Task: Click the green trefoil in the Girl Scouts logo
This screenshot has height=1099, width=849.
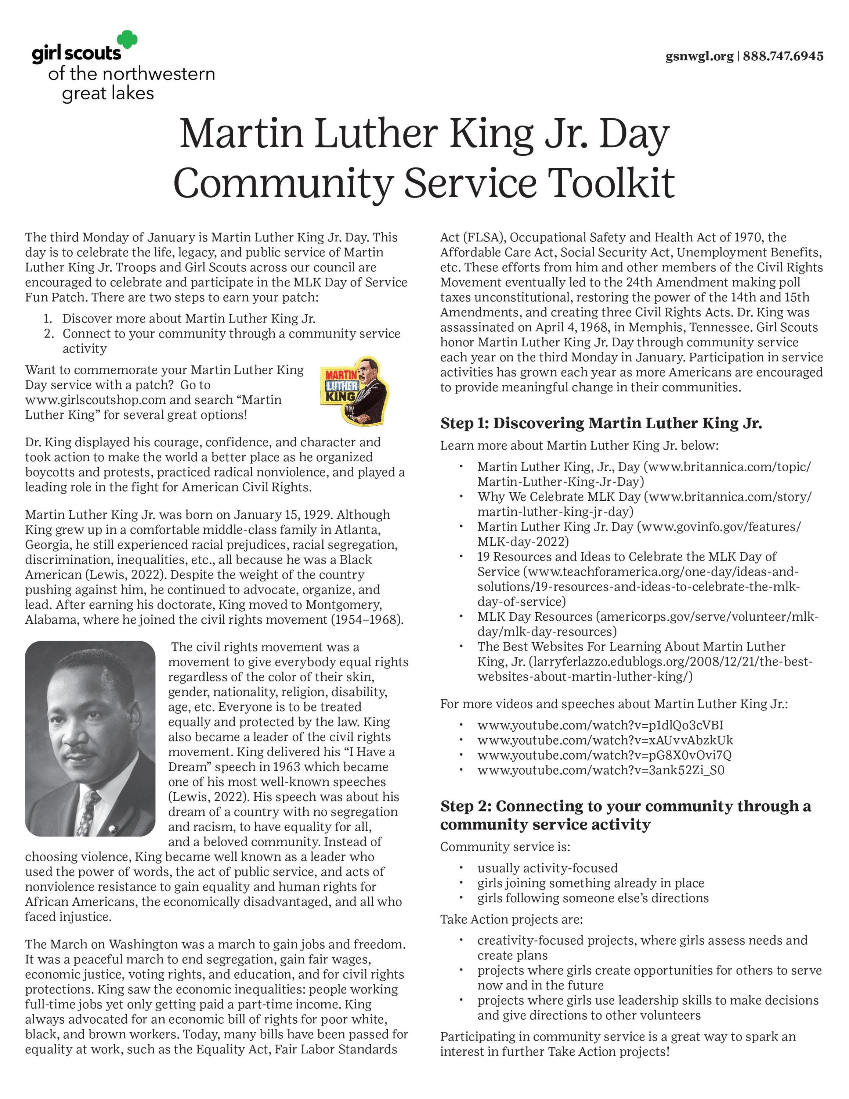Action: coord(127,40)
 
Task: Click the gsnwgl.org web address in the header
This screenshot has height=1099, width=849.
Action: coord(699,56)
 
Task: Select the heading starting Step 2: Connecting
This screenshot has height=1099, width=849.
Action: coord(625,815)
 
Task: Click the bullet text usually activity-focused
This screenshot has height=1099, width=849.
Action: coord(547,868)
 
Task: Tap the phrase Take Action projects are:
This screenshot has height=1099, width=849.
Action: coord(511,919)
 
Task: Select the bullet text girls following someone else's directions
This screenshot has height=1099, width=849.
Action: coord(592,898)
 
